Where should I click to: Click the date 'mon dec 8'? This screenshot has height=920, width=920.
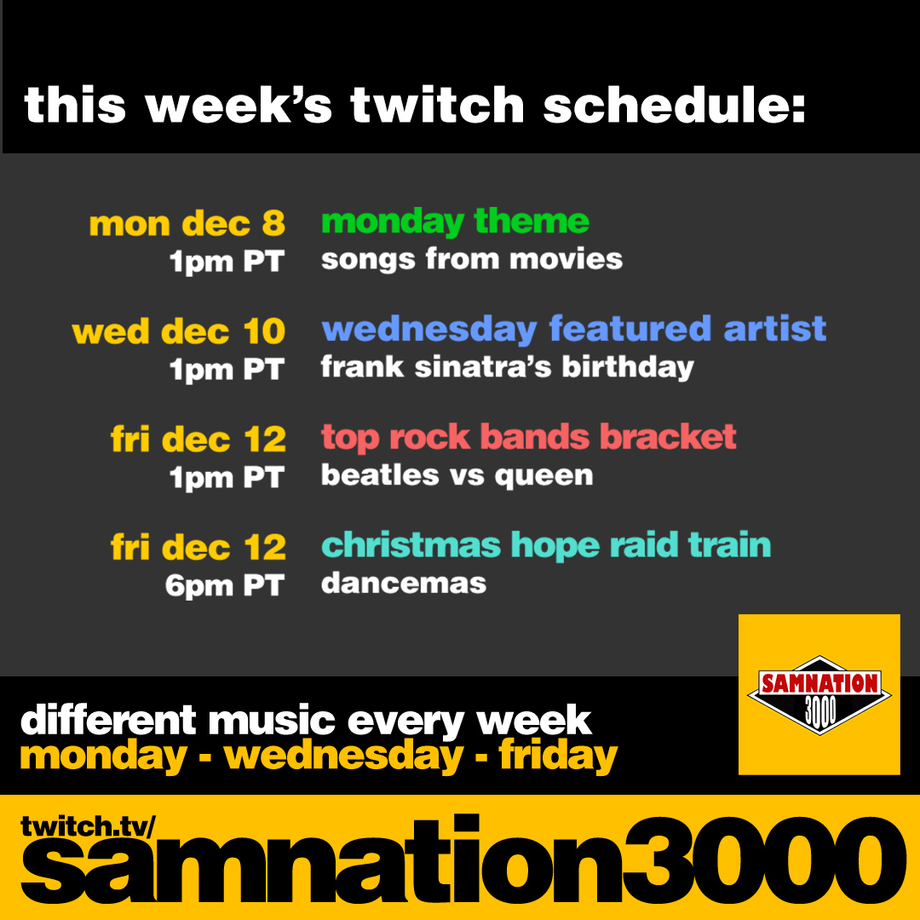click(x=187, y=224)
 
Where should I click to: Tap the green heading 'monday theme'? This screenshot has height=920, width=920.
click(x=455, y=222)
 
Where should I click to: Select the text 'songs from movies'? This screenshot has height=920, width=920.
click(x=471, y=259)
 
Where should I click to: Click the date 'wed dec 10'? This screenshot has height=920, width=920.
click(x=179, y=332)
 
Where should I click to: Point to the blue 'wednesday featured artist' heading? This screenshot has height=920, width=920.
click(x=574, y=329)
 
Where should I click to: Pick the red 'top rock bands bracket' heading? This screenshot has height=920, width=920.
click(x=528, y=437)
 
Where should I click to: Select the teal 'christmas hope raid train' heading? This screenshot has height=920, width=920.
click(x=545, y=545)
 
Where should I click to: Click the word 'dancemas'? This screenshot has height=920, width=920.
click(x=403, y=584)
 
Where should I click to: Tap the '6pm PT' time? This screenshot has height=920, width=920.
click(x=224, y=586)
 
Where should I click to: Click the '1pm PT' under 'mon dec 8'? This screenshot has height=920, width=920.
click(x=226, y=262)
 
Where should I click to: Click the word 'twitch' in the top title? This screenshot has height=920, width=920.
click(x=437, y=106)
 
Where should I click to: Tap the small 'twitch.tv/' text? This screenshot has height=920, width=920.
click(x=88, y=825)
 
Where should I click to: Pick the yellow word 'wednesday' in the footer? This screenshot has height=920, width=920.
click(x=344, y=756)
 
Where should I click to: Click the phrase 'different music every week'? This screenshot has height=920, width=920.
click(x=306, y=721)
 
